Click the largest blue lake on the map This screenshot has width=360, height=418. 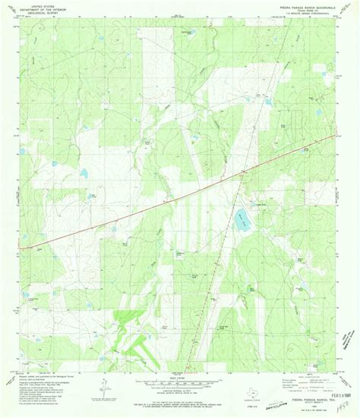coord(242,221)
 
